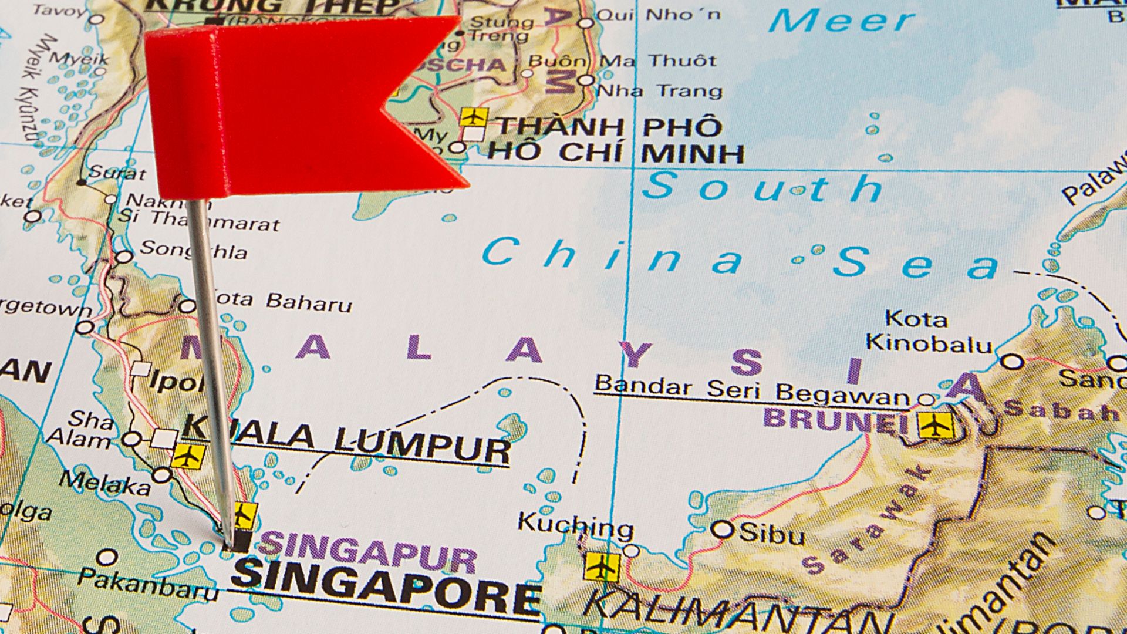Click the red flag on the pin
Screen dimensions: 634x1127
tap(293, 106)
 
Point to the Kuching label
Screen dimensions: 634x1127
tap(575, 524)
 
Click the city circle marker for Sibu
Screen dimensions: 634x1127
tap(723, 530)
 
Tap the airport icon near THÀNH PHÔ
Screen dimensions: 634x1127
tap(473, 117)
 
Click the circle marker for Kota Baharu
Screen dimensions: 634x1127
tap(187, 306)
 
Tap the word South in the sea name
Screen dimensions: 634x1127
tap(763, 188)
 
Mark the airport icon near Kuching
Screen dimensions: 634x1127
tap(602, 566)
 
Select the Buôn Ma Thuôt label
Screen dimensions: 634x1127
tap(622, 61)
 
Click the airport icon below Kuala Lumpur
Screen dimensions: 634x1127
tap(188, 456)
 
